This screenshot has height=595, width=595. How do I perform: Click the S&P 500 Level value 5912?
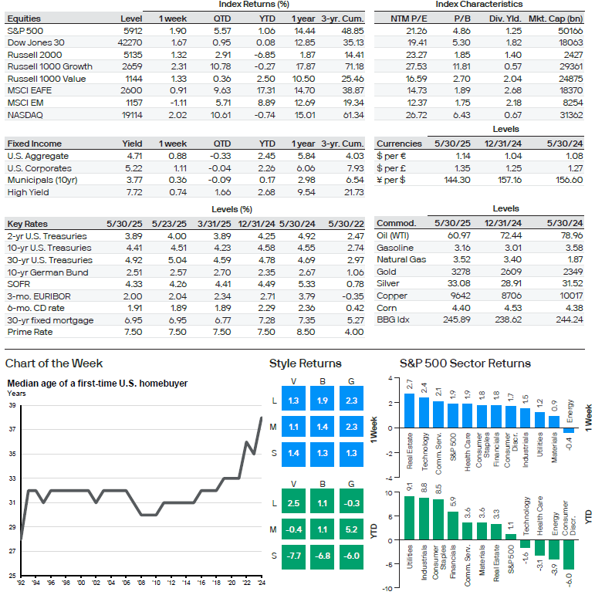click(133, 31)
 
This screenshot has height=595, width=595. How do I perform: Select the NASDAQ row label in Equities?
click(25, 115)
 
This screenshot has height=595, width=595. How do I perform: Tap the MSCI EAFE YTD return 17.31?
click(265, 90)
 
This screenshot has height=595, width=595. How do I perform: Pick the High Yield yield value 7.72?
click(134, 192)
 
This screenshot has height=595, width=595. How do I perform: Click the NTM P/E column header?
click(409, 19)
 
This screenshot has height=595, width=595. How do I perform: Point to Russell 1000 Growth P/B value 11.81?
click(461, 66)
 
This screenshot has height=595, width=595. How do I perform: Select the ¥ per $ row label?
click(390, 180)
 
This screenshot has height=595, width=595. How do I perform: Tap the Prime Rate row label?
click(30, 332)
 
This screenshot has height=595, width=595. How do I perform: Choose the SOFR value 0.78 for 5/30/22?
click(355, 284)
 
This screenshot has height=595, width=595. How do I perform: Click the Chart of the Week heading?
click(54, 363)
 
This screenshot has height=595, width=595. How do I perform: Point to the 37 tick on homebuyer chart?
click(12, 429)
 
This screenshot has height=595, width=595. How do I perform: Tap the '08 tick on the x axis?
click(141, 583)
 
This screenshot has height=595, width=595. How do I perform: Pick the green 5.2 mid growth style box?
click(351, 529)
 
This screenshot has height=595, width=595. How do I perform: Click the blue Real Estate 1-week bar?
click(409, 411)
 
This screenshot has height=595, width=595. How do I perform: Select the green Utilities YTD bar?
click(410, 518)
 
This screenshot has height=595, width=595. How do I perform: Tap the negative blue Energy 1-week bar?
click(569, 431)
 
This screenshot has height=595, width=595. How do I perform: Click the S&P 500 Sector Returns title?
click(465, 363)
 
